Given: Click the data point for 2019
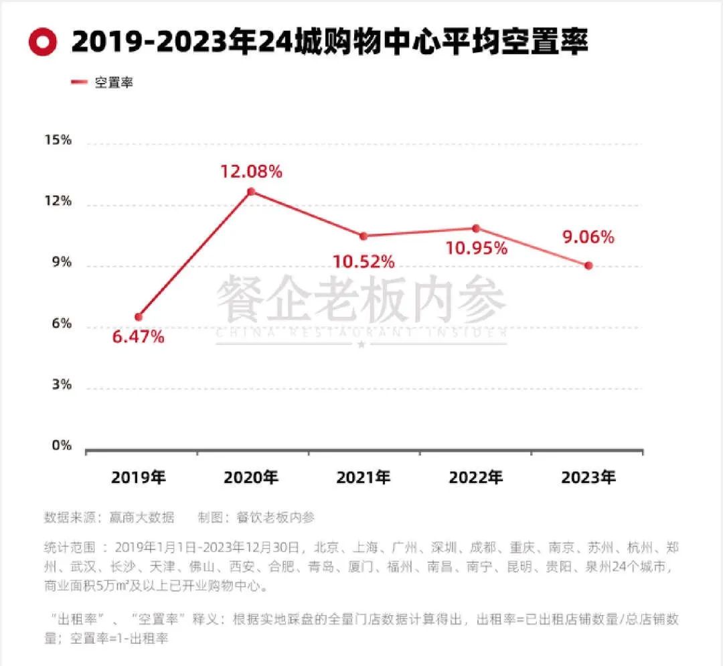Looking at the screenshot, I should (139, 316).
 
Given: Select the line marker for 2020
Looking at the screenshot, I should (251, 192).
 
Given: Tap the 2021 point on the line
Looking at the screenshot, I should (364, 236).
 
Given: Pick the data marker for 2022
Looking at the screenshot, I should (476, 228).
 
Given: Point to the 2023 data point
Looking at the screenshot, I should (588, 265).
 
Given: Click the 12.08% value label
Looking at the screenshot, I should (251, 172).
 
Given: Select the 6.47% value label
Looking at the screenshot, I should (139, 337).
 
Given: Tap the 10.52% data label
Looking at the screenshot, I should (364, 261).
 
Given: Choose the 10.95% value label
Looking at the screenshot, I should (477, 249).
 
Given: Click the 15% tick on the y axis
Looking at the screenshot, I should (58, 140).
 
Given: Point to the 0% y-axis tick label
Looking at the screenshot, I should (62, 446).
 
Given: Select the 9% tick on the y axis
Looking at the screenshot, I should (62, 263).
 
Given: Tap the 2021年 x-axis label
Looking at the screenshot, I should (364, 478).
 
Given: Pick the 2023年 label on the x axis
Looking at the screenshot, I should (588, 478).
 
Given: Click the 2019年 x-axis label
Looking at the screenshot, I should (139, 478).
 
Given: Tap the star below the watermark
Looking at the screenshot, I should (361, 344).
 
